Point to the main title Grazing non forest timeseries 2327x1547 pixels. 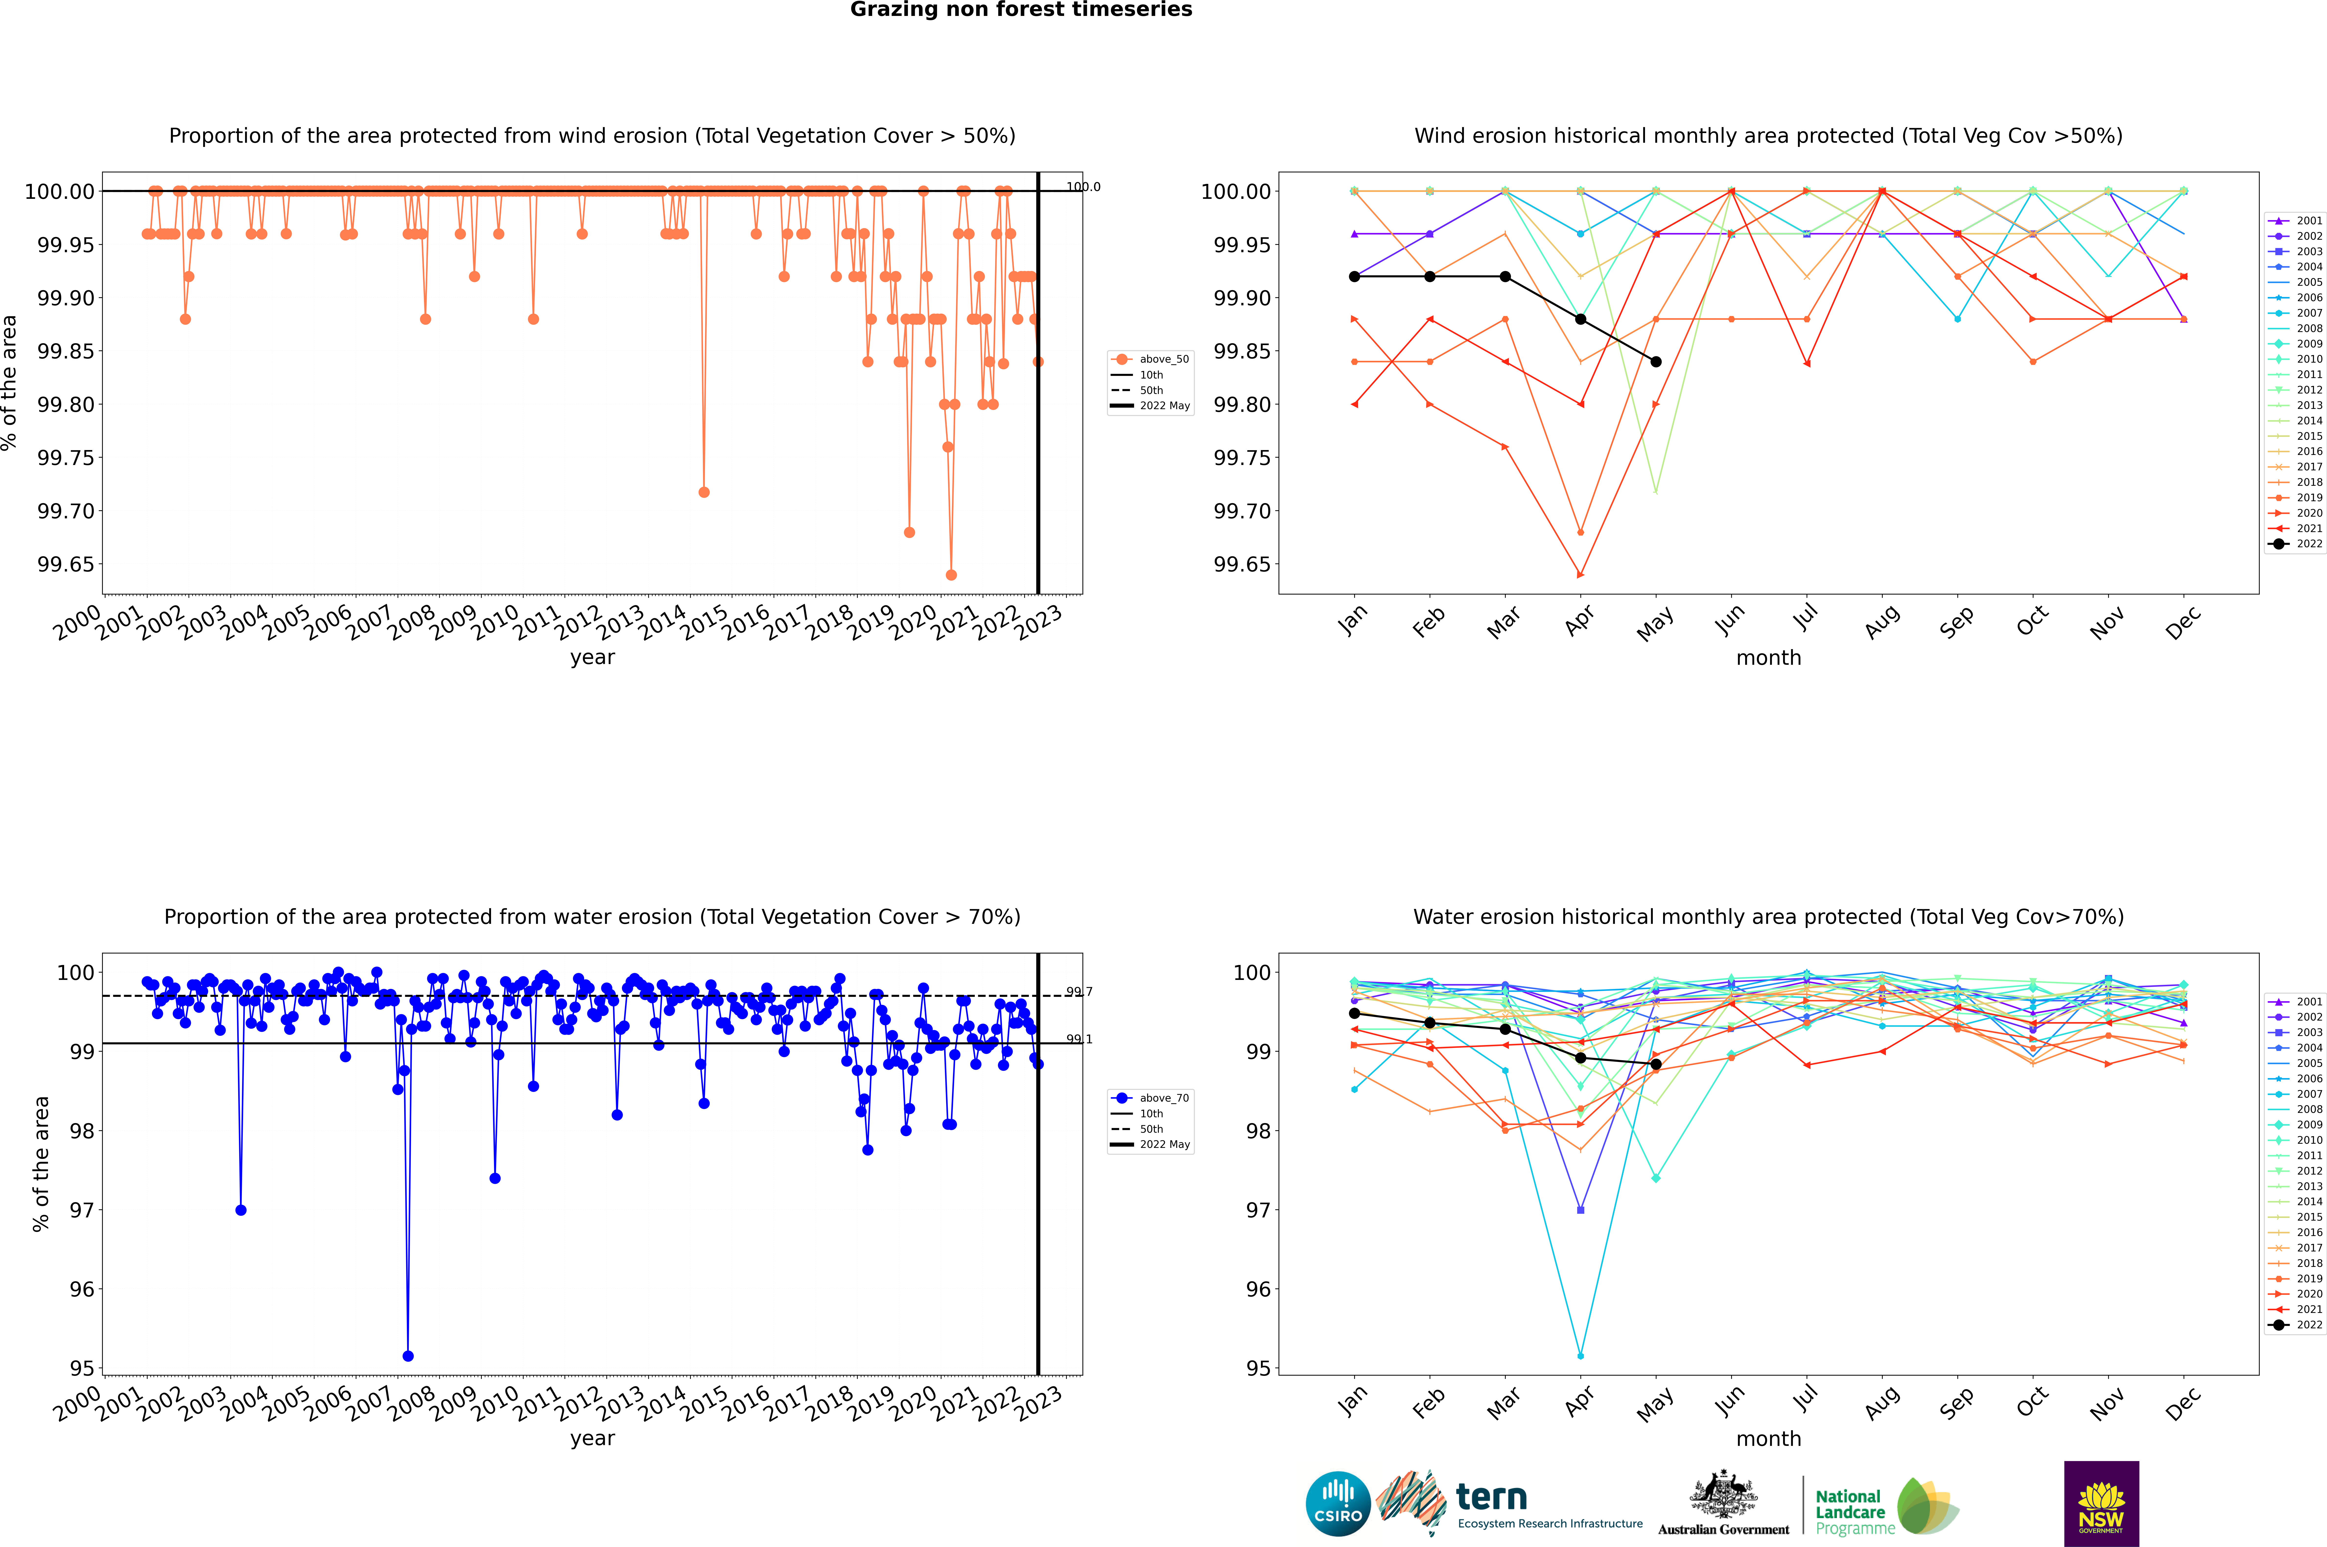(1021, 10)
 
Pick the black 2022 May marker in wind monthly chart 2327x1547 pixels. (1656, 362)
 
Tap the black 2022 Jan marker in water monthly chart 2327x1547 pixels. (1354, 1013)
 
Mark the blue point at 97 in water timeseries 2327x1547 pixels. (241, 1210)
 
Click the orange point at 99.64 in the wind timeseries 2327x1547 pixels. (951, 575)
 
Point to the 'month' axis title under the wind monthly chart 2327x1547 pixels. (1769, 658)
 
